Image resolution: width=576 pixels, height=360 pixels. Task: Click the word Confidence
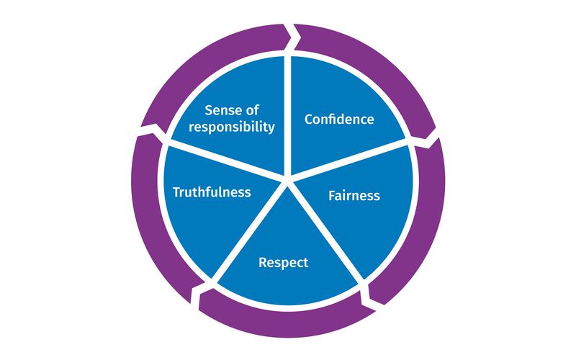point(339,119)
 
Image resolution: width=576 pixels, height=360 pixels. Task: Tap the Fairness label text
point(354,195)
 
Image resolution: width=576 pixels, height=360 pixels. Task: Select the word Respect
point(283,262)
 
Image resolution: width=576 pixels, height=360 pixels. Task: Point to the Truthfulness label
point(212,192)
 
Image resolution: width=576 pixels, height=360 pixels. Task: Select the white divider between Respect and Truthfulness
point(252,228)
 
